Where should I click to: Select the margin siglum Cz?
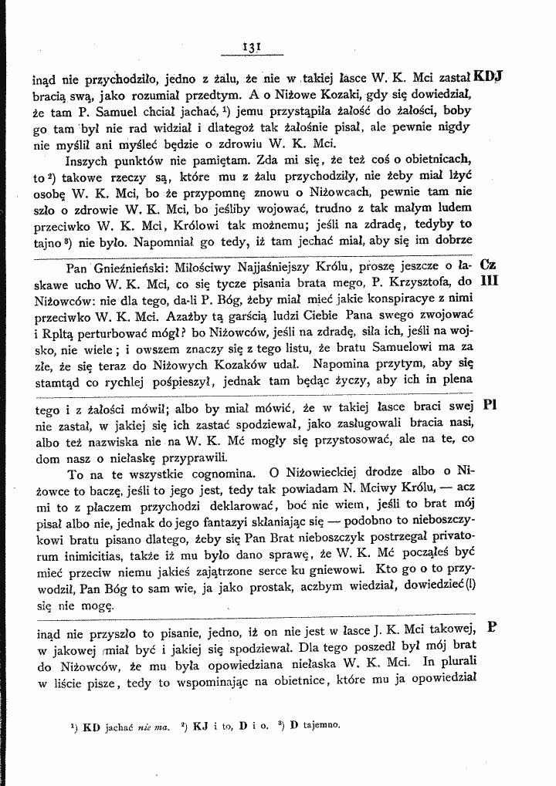tap(488, 264)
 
